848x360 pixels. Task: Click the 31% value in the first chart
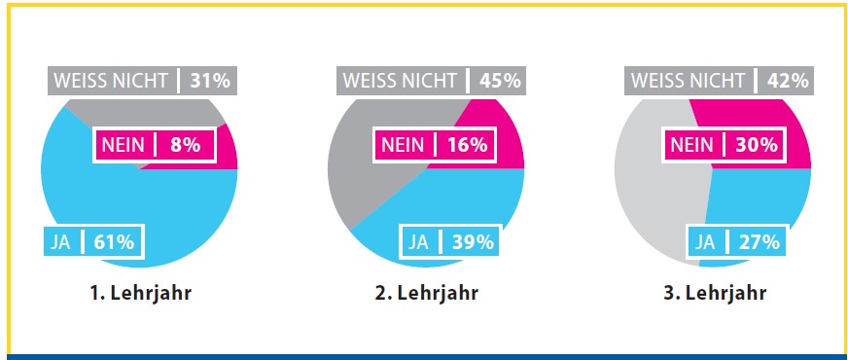(210, 81)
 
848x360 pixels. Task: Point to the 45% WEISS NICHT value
(498, 81)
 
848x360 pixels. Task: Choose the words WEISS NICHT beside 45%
(398, 81)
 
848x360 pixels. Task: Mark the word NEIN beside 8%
(123, 146)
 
